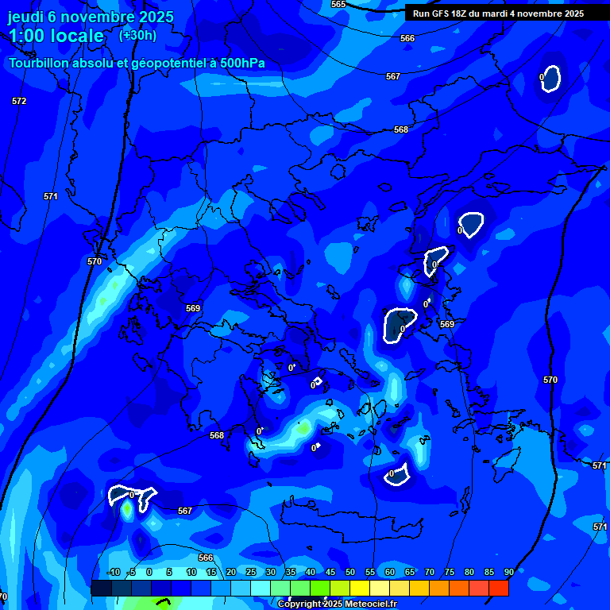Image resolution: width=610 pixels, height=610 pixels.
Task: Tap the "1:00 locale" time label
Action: pos(56,36)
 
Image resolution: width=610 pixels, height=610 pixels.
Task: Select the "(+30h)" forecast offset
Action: pos(137,35)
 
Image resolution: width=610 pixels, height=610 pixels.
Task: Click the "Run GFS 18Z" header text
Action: pos(439,13)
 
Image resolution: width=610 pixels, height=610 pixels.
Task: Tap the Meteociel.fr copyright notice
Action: pos(337,604)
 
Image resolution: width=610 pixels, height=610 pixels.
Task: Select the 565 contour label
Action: pos(338,4)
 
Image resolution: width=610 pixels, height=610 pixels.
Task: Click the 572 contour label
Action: pos(19,101)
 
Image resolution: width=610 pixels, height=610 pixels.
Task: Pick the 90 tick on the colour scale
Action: pos(508,572)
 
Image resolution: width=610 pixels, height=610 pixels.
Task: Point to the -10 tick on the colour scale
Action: pos(113,572)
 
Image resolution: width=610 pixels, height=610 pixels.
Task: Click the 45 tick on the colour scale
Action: pos(330,572)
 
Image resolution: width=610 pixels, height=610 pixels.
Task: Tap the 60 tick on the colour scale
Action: pos(389,572)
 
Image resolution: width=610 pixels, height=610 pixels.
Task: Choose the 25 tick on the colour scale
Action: pos(250,572)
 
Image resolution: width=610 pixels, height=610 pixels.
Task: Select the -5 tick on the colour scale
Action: pos(131,572)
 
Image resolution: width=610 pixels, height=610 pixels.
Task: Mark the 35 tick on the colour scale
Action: pos(290,572)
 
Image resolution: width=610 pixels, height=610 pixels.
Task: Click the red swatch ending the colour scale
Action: pos(498,588)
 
